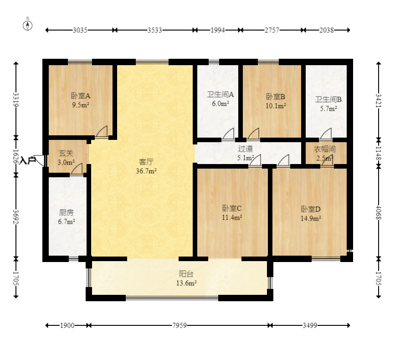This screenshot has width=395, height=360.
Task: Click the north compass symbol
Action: pyautogui.click(x=27, y=25)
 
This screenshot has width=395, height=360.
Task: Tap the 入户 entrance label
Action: pyautogui.click(x=27, y=160)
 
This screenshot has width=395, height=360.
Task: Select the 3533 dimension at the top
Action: pyautogui.click(x=154, y=30)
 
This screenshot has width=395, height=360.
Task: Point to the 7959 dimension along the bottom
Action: pyautogui.click(x=180, y=325)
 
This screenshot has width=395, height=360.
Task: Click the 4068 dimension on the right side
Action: pyautogui.click(x=379, y=213)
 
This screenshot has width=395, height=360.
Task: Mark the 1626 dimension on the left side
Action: pyautogui.click(x=16, y=156)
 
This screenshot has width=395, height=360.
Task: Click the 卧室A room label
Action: pyautogui.click(x=81, y=96)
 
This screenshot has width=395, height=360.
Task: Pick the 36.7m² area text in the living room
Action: pyautogui.click(x=146, y=171)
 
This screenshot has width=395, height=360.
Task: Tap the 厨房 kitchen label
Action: pyautogui.click(x=66, y=213)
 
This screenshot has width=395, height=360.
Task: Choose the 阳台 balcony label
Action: pyautogui.click(x=186, y=274)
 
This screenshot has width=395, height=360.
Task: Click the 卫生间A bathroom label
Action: pyautogui.click(x=221, y=94)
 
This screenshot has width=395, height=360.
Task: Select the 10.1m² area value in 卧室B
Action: pyautogui.click(x=276, y=106)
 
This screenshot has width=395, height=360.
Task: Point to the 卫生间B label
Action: pyautogui.click(x=328, y=99)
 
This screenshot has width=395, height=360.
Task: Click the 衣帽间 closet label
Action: pyautogui.click(x=325, y=149)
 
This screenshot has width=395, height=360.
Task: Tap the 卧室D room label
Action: pyautogui.click(x=311, y=209)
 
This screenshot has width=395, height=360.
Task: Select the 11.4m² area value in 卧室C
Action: pyautogui.click(x=232, y=217)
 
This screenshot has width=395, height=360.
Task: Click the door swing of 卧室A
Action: pyautogui.click(x=102, y=132)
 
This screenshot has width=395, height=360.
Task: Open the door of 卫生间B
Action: pyautogui.click(x=326, y=134)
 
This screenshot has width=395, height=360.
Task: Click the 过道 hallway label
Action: pyautogui.click(x=246, y=149)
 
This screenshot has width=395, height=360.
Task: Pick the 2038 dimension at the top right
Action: pyautogui.click(x=327, y=30)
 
